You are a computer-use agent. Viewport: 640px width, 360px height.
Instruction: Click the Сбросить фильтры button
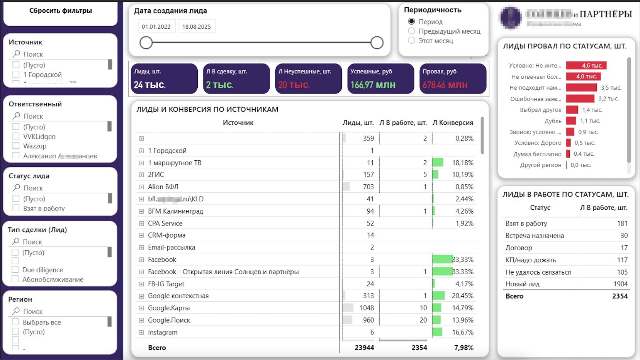coord(61,11)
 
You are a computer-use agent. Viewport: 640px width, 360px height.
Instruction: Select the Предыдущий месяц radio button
coord(412,31)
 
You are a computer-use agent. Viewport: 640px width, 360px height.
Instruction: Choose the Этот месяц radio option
coord(412,41)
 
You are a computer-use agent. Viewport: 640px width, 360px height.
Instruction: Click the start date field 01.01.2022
coord(156,27)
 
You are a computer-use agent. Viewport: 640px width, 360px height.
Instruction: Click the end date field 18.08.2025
coord(197,27)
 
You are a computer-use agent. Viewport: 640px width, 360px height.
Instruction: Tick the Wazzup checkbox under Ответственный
coord(16,146)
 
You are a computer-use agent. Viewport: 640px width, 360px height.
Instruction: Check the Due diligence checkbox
coord(15,270)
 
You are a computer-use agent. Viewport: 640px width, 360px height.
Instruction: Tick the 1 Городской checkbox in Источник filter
coord(16,74)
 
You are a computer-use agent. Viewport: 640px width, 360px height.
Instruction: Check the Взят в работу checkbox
coord(16,208)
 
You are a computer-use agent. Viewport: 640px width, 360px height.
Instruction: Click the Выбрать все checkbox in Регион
coord(15,322)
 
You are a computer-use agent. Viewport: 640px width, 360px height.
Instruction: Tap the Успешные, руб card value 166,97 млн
coord(373,85)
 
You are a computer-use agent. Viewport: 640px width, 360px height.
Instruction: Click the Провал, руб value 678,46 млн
coord(445,85)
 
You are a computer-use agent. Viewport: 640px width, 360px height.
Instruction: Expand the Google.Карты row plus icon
coord(141,308)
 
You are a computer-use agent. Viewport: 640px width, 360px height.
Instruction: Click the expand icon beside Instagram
coord(141,333)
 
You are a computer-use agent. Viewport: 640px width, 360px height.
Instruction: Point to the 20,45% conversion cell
coord(462,296)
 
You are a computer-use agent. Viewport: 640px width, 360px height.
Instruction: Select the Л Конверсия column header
coord(453,123)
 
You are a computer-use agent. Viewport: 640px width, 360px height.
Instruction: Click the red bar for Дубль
coord(571,121)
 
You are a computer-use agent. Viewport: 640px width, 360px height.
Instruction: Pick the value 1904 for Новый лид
coord(620,284)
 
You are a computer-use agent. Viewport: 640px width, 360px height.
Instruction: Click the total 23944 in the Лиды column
coord(364,348)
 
